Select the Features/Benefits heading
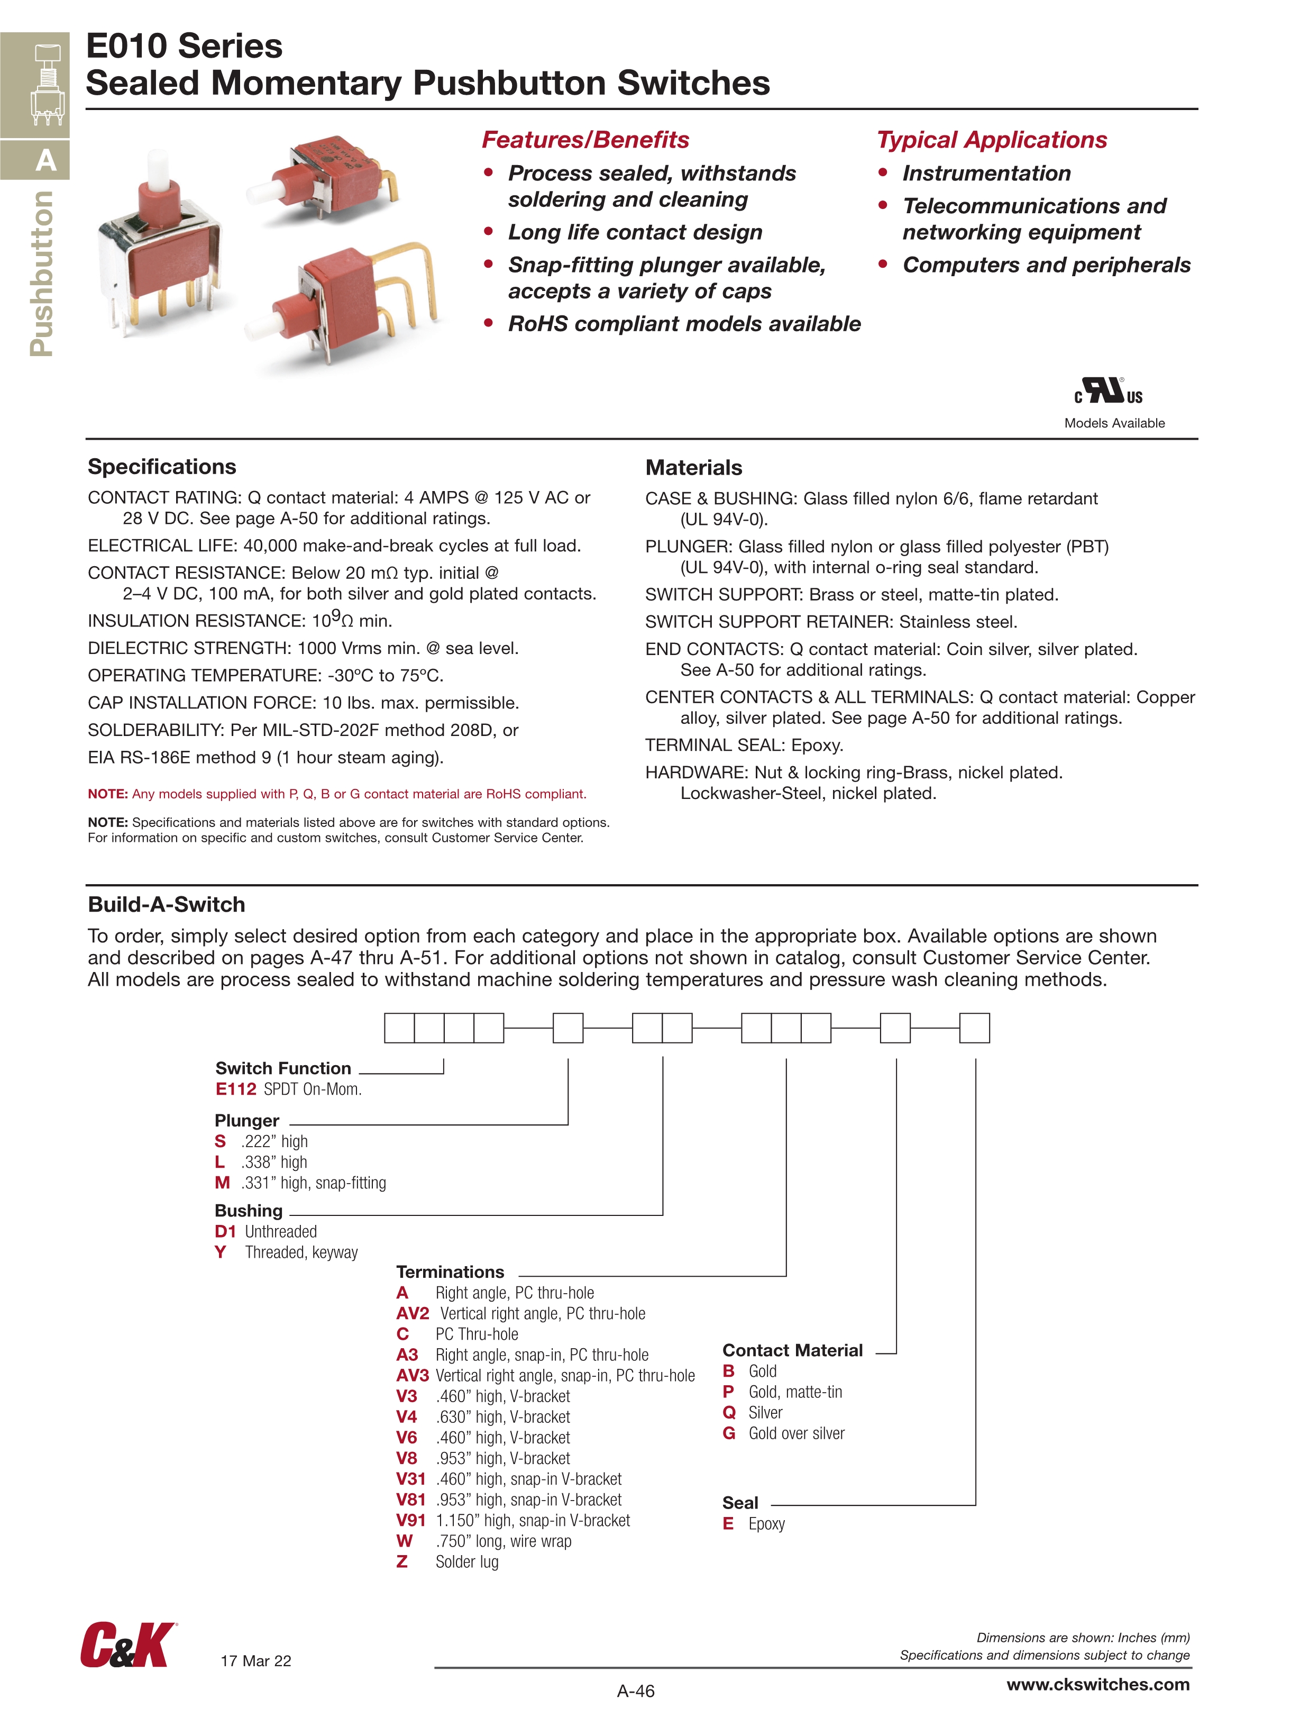coord(585,140)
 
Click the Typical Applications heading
coord(992,140)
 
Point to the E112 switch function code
coord(235,1089)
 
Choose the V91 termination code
coord(410,1520)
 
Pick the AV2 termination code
coord(413,1313)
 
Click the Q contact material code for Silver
coord(729,1412)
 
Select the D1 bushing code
coord(225,1231)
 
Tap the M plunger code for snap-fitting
coord(222,1183)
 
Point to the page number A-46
coord(636,1691)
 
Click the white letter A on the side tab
coord(46,161)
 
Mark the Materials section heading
coord(693,467)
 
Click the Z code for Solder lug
coord(402,1561)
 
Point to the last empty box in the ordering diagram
coord(974,1028)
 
